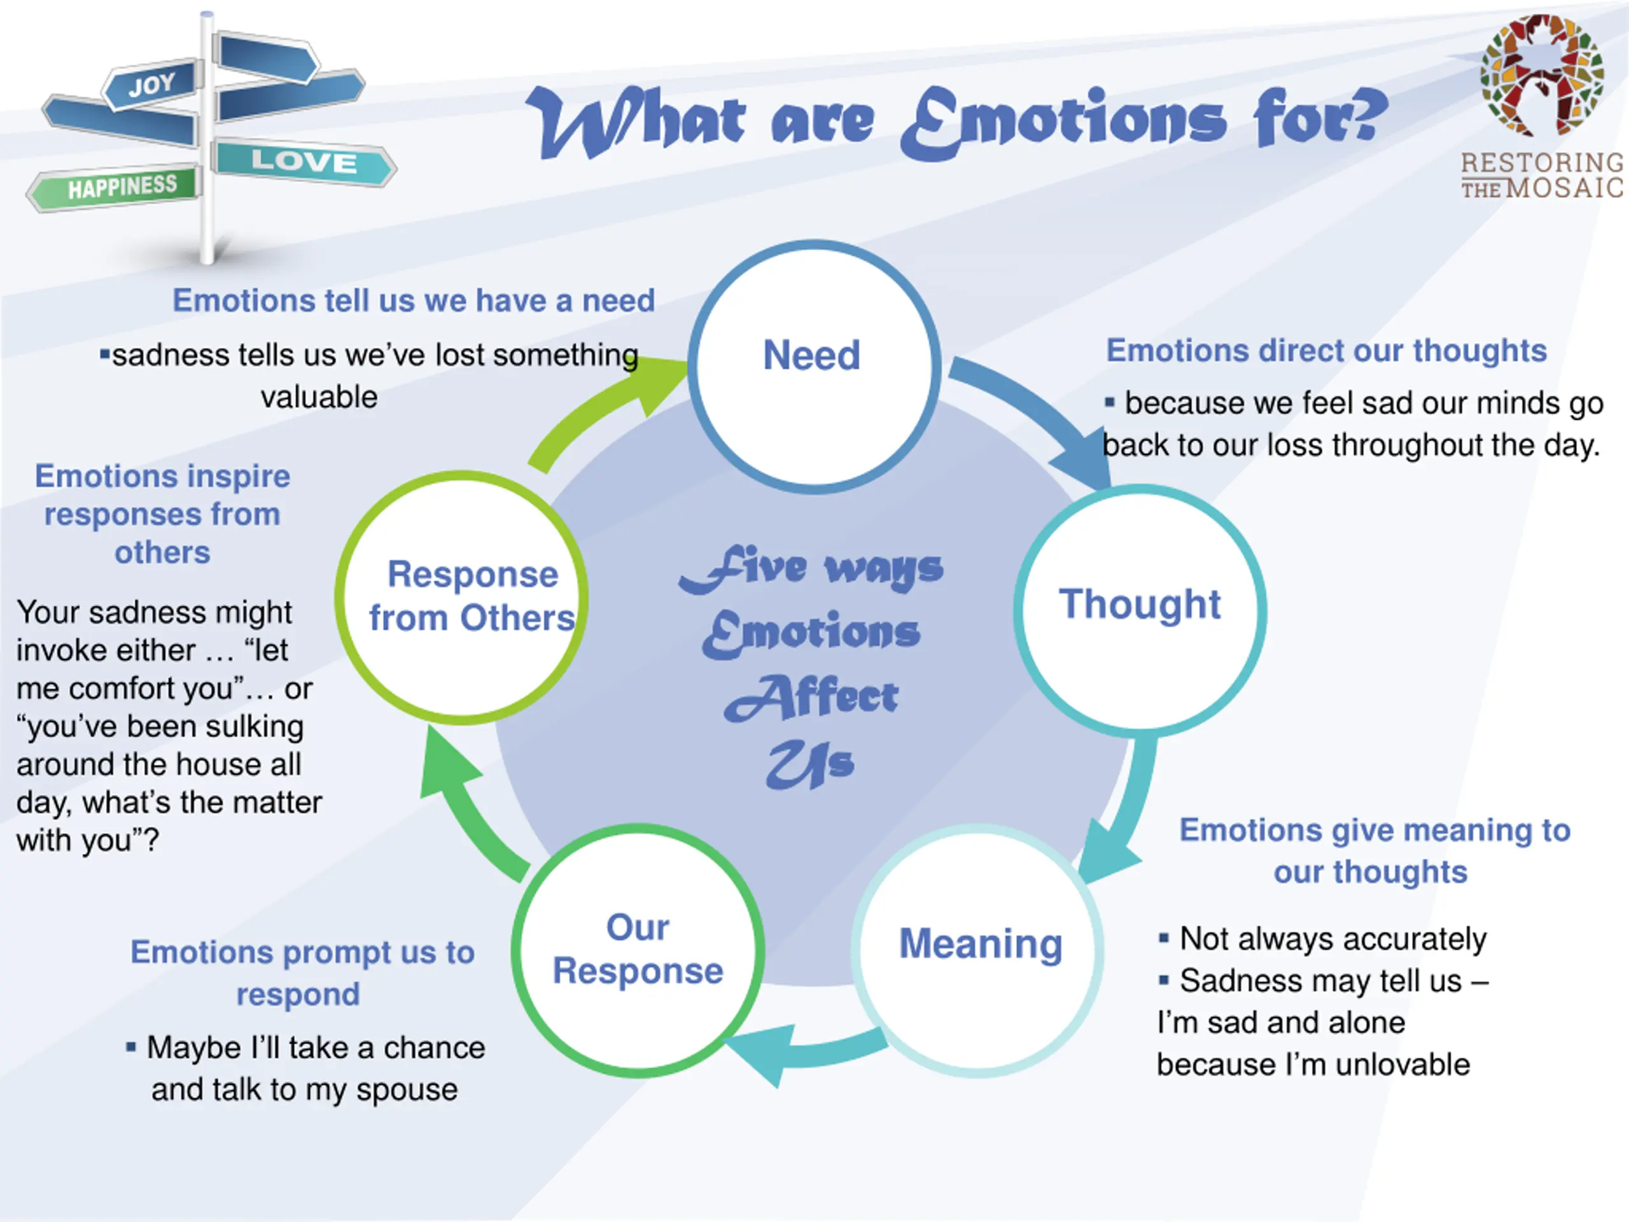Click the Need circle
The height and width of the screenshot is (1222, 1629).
coord(813,366)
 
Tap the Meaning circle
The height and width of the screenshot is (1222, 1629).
coord(979,950)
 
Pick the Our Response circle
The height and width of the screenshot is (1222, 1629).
coord(638,950)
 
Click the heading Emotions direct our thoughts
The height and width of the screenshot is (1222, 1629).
coord(1326,351)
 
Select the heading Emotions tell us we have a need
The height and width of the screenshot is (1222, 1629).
coord(413,300)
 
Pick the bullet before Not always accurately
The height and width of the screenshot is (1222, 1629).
coord(1164,938)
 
